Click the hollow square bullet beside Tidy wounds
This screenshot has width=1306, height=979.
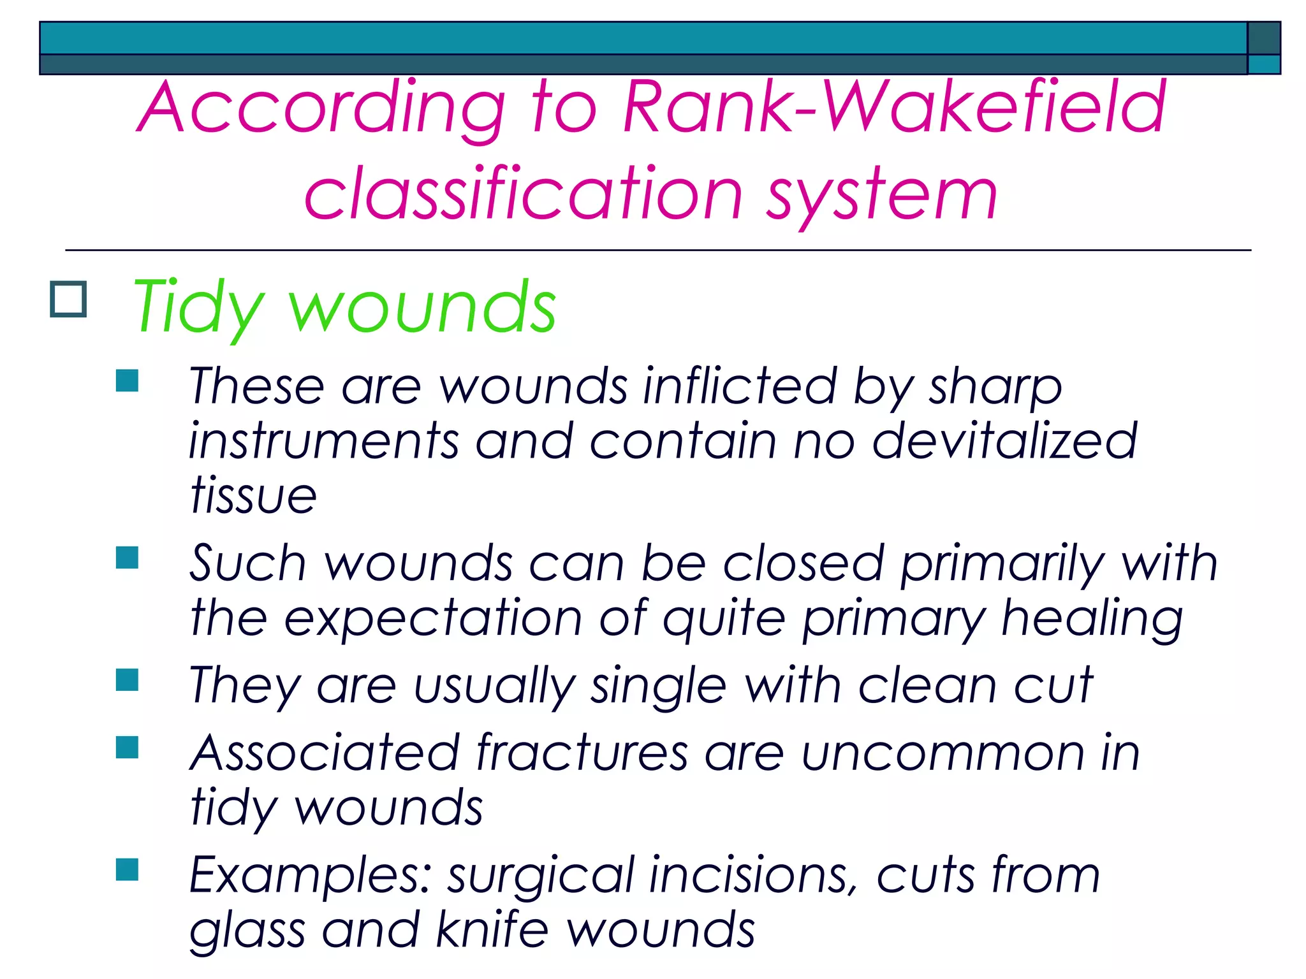(68, 299)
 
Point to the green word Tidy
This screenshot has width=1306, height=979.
(198, 308)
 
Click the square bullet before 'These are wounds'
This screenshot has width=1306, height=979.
(128, 381)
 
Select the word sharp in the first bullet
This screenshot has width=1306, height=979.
(995, 387)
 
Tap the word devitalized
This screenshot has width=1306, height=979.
(1004, 440)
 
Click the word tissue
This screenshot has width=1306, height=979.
(253, 495)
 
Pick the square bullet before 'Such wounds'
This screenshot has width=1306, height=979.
(128, 557)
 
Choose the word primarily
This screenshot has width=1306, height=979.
(1002, 564)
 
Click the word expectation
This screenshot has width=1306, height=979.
(433, 618)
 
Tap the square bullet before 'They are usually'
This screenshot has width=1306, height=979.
(128, 679)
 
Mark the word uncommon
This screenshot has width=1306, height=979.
(943, 754)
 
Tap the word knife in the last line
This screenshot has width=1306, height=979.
(492, 930)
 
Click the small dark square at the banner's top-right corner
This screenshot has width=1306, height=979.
(1264, 38)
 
